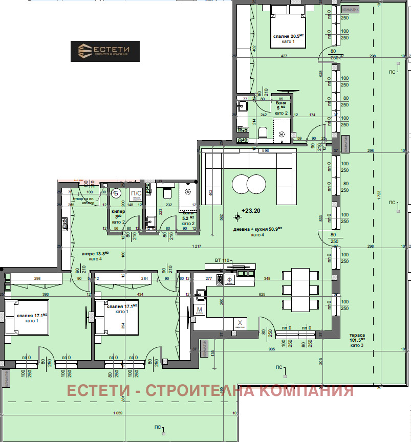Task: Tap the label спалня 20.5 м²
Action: (x=288, y=36)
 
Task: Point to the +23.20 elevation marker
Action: (x=251, y=211)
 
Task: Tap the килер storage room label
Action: (x=118, y=210)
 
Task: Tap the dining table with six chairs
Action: (x=300, y=290)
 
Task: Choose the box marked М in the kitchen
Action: (x=199, y=310)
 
